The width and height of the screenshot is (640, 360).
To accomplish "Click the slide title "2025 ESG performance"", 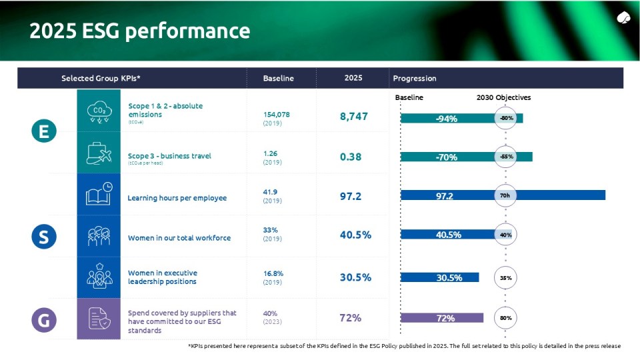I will [139, 31].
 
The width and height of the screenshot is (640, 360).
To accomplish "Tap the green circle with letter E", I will [44, 131].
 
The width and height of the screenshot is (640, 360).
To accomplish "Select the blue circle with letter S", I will [44, 236].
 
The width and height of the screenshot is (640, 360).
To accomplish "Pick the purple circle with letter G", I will [44, 320].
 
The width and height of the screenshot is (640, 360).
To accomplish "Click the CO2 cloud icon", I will [99, 111].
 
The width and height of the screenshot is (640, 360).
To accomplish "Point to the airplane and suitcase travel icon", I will [99, 153].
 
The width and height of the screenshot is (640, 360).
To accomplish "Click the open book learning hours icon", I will [99, 195].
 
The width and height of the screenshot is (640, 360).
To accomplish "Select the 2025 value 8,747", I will [353, 117].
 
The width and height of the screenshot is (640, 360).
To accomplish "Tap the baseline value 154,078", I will [277, 115].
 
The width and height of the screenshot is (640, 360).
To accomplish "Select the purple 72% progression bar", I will [441, 318].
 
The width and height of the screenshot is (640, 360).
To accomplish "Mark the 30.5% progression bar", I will [439, 277].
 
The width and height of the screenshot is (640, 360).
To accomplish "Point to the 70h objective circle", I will [505, 195].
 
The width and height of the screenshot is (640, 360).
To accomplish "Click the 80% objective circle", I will [506, 318].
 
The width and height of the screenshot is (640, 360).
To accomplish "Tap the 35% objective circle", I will [506, 277].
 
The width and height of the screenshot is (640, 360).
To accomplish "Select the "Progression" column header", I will [415, 78].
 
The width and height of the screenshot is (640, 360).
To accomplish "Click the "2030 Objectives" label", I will [503, 97].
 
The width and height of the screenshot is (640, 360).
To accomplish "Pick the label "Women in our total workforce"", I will [179, 237].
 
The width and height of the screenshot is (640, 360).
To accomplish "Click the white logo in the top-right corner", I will [624, 17].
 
